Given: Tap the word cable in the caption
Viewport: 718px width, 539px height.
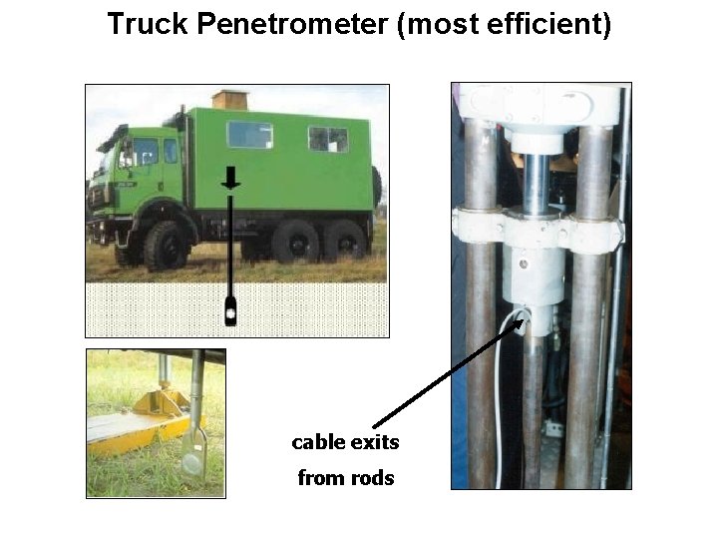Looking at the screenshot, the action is (318, 441).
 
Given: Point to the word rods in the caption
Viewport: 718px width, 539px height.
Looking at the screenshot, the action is (373, 478).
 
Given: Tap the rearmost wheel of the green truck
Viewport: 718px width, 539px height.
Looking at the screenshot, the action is (344, 241).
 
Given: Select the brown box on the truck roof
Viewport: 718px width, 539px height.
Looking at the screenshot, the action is (229, 99).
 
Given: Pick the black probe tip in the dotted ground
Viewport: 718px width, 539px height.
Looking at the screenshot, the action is (231, 310).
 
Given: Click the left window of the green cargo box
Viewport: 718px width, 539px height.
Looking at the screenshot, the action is (249, 135).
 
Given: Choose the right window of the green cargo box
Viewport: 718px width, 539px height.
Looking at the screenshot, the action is (328, 139).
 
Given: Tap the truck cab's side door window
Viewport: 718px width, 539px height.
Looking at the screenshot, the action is (145, 153).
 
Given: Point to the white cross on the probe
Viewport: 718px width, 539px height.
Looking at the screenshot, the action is (231, 312).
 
